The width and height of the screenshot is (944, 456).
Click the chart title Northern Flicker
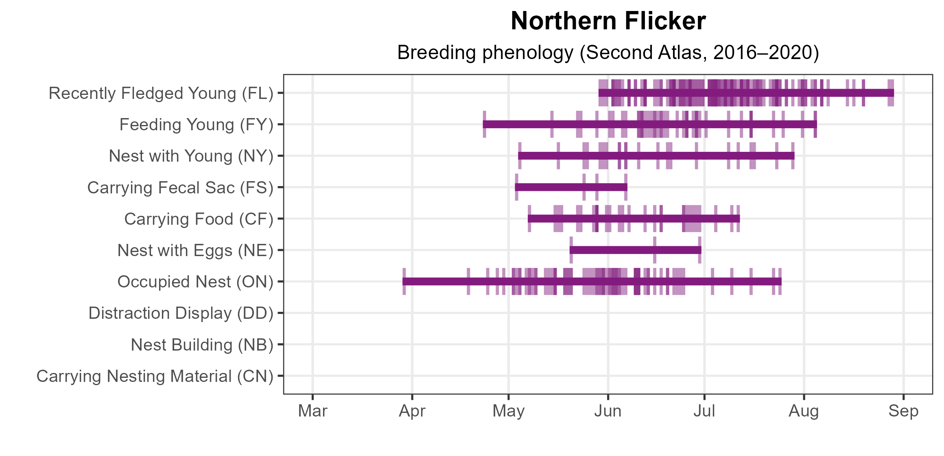click(x=608, y=21)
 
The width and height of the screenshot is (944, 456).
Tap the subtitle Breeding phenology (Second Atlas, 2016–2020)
click(x=608, y=53)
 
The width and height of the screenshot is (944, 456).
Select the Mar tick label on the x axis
click(x=312, y=411)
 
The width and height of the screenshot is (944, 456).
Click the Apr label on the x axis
click(x=412, y=411)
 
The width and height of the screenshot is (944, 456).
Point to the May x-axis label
click(x=509, y=411)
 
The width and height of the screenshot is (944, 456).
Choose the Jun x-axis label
click(x=608, y=411)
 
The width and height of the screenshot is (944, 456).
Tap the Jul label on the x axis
click(x=704, y=411)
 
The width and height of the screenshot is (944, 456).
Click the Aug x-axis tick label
click(x=804, y=411)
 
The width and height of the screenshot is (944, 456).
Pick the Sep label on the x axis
click(x=903, y=411)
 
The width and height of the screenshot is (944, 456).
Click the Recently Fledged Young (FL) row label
click(x=161, y=93)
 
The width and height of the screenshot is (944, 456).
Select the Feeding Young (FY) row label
click(x=196, y=125)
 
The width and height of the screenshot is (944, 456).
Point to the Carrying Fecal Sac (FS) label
click(x=180, y=188)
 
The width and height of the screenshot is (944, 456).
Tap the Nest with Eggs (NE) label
click(x=195, y=250)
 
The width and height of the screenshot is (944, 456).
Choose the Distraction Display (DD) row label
click(x=181, y=313)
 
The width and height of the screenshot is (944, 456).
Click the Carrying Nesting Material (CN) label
click(x=155, y=376)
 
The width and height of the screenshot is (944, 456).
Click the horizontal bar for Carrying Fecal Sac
click(x=571, y=187)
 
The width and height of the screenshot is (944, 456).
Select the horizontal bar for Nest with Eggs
click(x=635, y=250)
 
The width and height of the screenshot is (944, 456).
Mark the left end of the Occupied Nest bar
click(x=404, y=281)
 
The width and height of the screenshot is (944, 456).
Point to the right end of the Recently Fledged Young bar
click(x=893, y=93)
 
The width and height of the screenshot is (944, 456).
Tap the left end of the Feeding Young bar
click(x=484, y=124)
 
